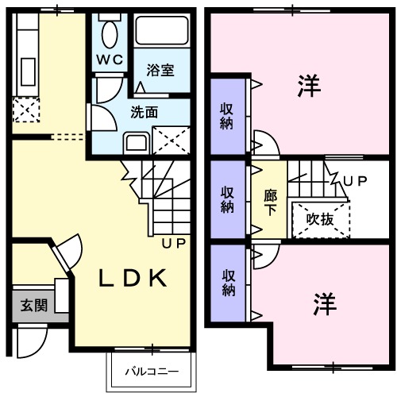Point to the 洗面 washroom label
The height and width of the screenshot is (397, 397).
pos(144,112)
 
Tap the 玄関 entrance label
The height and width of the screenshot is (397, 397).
pos(33,304)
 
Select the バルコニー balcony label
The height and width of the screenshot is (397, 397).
pos(151,370)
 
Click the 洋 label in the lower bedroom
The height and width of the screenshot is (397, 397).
pos(323,303)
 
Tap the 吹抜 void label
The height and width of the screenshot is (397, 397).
pos(320,218)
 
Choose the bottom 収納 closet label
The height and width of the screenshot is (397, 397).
pos(228,282)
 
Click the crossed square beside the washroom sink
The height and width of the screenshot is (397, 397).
pos(170,141)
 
